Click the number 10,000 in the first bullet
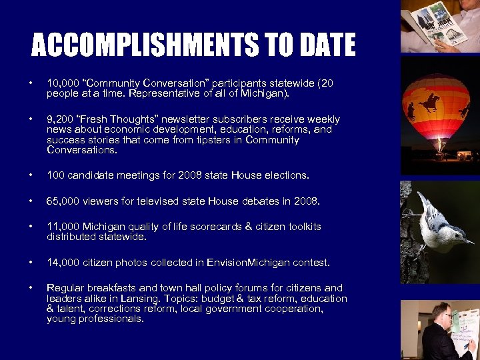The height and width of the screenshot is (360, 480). coord(62,83)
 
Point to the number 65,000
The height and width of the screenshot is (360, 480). coord(62,201)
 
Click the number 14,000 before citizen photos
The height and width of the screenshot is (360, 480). coord(62,263)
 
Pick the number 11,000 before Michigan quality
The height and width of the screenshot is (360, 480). coord(62,227)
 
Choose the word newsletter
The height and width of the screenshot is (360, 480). coord(183,119)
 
